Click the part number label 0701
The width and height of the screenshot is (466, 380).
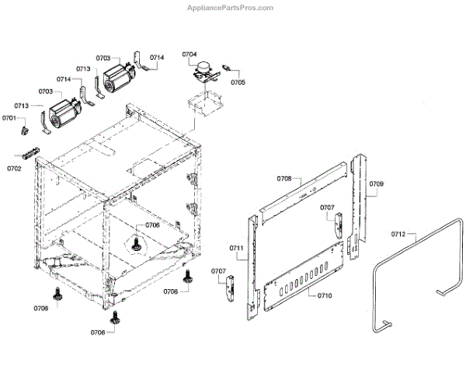point(9,118)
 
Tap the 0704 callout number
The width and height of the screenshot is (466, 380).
point(190,54)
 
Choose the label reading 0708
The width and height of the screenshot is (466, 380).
point(284,179)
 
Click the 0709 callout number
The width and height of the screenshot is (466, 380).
point(377,184)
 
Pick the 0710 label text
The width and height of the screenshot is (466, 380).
point(325,296)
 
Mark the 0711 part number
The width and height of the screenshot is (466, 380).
point(237,249)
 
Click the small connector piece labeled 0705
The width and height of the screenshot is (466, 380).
point(228,68)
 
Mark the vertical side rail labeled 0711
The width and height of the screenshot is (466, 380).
point(250,264)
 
